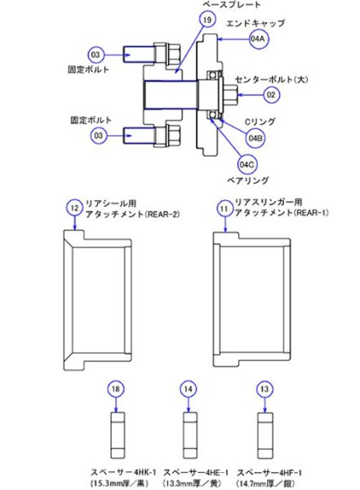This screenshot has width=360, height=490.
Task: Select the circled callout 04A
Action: coord(260,39)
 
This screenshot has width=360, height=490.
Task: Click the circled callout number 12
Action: coord(75,208)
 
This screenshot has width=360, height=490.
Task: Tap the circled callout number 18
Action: coord(116,391)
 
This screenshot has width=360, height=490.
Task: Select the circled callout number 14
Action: coord(189,391)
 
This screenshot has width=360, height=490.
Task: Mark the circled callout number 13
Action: coord(263,391)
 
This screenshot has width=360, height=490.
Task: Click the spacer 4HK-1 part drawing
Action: coord(116,436)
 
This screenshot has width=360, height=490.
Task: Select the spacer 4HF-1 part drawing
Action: coord(263,436)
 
